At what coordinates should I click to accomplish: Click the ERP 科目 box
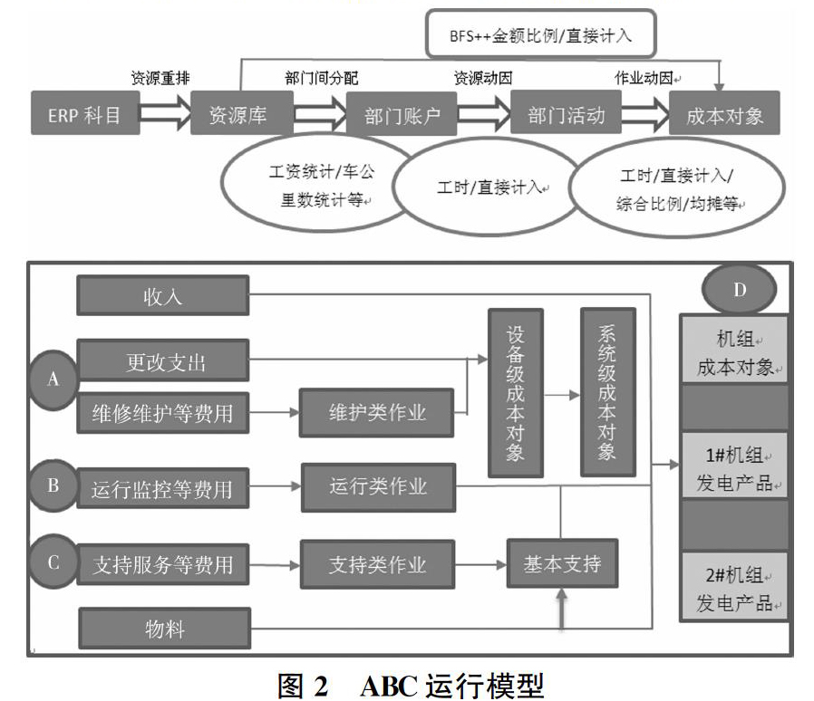[x=85, y=113]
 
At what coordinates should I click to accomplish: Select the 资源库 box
[x=242, y=113]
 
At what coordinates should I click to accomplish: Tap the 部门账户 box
[x=402, y=114]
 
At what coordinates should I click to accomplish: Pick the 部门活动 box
[x=566, y=112]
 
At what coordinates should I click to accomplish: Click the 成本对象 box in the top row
[x=724, y=113]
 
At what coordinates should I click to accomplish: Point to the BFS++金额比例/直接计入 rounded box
[x=541, y=34]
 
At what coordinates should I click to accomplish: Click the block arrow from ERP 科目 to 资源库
[x=165, y=113]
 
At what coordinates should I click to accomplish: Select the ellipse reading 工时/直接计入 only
[x=487, y=187]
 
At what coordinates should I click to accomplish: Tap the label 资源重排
[x=160, y=78]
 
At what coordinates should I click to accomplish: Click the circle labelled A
[x=53, y=379]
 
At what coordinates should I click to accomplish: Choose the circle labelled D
[x=740, y=289]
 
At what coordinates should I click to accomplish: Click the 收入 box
[x=163, y=296]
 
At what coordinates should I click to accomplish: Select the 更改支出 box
[x=163, y=360]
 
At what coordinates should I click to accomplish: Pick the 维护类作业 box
[x=376, y=412]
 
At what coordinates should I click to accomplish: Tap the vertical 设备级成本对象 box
[x=516, y=393]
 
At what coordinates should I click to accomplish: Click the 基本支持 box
[x=562, y=563]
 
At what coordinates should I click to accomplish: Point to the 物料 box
[x=165, y=629]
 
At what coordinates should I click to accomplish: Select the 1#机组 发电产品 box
[x=733, y=469]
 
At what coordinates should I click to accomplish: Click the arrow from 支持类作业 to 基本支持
[x=480, y=564]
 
